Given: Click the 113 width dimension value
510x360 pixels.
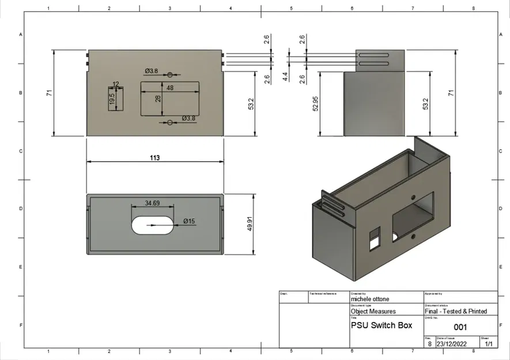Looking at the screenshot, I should [x=154, y=158].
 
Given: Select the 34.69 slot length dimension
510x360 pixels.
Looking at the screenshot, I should [x=152, y=203].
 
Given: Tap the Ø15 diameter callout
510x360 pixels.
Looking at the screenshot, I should [x=189, y=221].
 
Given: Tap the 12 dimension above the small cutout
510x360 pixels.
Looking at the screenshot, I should [x=116, y=84].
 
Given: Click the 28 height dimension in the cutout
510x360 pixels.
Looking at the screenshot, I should [x=157, y=98].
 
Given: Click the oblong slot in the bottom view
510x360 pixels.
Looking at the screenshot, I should [x=152, y=225].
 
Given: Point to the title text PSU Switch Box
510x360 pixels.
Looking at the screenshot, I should [x=381, y=325].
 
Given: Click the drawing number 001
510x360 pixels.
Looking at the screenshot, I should [x=460, y=327].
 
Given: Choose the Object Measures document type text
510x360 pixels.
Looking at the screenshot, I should [x=373, y=311].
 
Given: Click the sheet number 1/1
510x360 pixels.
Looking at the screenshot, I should [x=489, y=344].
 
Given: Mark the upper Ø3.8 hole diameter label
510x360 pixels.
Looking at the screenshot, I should [x=151, y=70].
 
